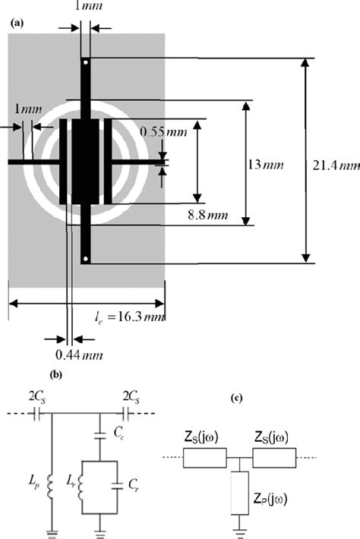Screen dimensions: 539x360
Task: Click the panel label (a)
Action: (16, 23)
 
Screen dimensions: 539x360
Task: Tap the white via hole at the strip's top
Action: (86, 61)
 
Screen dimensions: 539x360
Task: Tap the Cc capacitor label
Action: (119, 432)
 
